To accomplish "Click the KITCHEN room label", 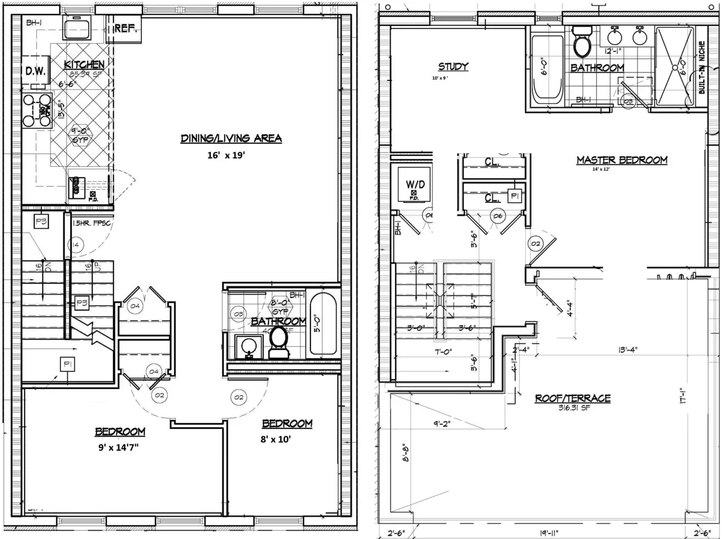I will tap(85, 64).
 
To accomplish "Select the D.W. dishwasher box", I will tap(36, 71).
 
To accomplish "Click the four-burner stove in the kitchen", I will tap(36, 111).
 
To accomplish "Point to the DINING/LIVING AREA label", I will tap(231, 138).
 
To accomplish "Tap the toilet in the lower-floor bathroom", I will tap(279, 341).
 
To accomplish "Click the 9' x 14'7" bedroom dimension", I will tap(120, 449).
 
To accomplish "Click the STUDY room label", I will tap(453, 66).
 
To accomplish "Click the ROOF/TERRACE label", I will tap(572, 398).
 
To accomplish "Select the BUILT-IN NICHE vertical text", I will tap(701, 67).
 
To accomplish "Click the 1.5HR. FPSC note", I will tap(90, 224).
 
